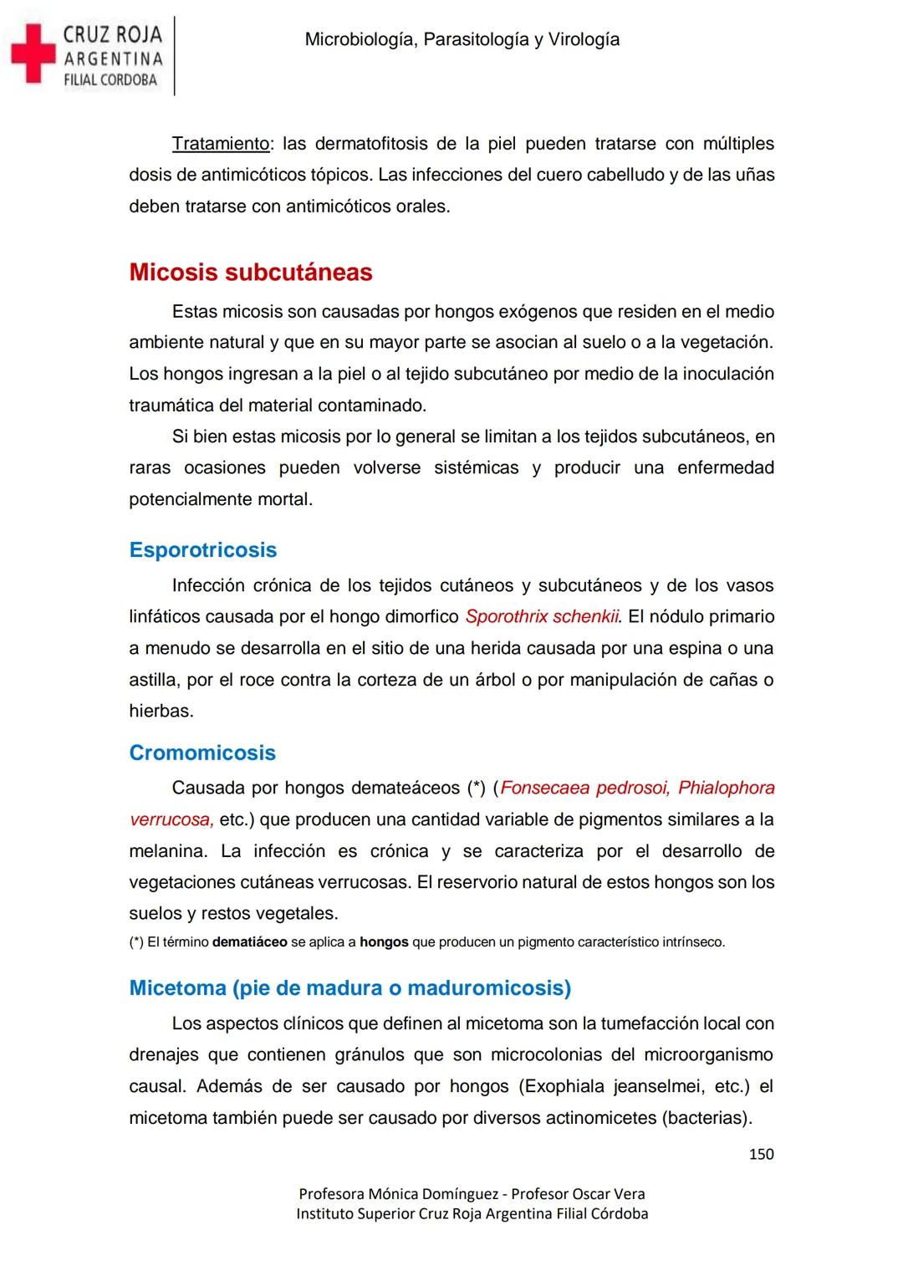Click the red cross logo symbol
pos(31,54)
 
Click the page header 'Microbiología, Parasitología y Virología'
pos(462,39)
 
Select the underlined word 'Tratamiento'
pos(221,144)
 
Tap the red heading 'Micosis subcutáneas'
pos(251,272)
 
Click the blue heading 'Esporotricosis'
pos(203,549)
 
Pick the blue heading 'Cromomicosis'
pos(202,753)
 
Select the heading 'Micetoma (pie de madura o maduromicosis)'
pos(350,988)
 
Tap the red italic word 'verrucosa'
pos(171,819)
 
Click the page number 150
pos(761,1154)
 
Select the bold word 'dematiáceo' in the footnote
pos(250,942)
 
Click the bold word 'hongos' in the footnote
pos(384,942)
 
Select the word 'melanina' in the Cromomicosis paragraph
pos(167,851)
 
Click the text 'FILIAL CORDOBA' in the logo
pos(110,80)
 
